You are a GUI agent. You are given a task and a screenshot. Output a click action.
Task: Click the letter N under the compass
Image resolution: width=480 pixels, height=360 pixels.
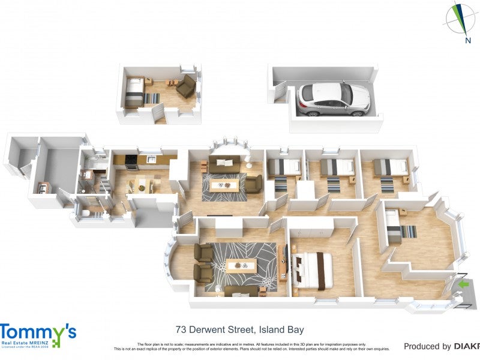[x=467, y=41]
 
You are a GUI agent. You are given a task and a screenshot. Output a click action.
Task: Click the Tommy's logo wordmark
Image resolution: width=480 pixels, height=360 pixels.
[x=37, y=332]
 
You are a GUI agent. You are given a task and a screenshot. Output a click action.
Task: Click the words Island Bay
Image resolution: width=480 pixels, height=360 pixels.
[x=282, y=329]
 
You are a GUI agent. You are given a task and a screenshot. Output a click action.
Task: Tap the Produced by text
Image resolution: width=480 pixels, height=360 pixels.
[x=427, y=346]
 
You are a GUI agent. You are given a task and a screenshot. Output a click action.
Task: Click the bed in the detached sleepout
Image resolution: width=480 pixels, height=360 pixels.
[x=134, y=94]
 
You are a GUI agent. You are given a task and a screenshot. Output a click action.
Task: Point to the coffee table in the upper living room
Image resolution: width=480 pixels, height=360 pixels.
[x=224, y=185]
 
